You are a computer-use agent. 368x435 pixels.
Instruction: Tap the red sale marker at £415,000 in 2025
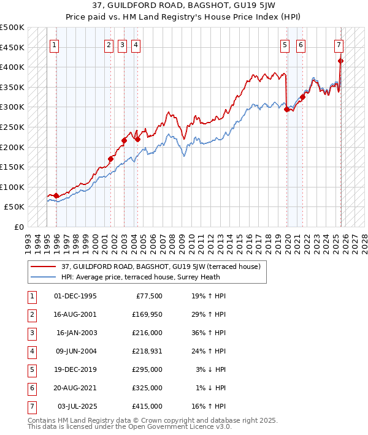click(340, 61)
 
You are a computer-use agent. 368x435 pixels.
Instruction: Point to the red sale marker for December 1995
click(56, 195)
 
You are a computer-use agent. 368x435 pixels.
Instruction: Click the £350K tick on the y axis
click(13, 87)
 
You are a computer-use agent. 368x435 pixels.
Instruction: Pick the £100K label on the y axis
click(13, 187)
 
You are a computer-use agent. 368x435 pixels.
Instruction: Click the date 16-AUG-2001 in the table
click(75, 314)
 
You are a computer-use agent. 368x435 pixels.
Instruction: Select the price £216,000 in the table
click(147, 333)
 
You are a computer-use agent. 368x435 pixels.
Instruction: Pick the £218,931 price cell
click(147, 351)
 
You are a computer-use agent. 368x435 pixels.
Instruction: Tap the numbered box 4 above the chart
click(135, 44)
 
